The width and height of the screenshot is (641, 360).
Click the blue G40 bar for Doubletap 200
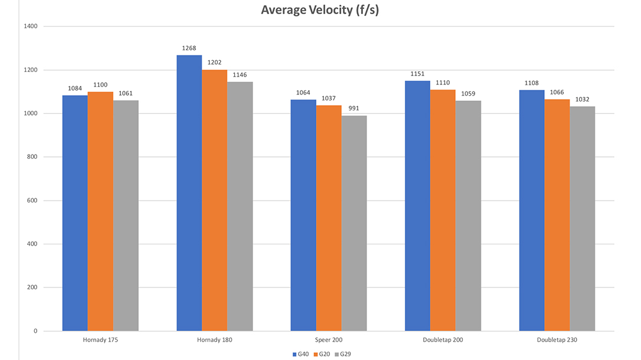click(417, 206)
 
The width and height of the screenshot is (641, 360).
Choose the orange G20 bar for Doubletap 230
click(557, 215)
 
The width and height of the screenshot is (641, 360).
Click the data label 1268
click(189, 48)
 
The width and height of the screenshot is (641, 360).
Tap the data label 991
click(354, 109)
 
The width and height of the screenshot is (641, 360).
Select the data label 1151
click(417, 74)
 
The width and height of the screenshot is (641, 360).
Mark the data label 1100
click(100, 85)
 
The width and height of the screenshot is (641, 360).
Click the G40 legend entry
click(302, 354)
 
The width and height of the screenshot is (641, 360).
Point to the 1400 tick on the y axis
click(31, 27)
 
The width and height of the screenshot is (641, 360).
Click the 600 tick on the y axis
click(32, 201)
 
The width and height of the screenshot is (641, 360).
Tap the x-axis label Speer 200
click(329, 341)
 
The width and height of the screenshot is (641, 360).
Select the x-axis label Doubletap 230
click(557, 341)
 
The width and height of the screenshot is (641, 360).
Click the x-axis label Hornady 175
click(100, 341)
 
